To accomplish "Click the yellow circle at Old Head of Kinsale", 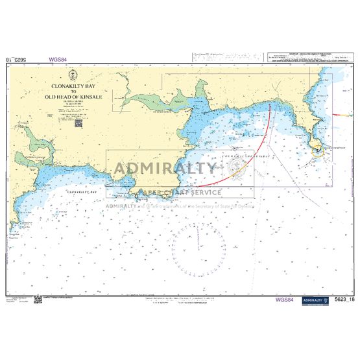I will (x=318, y=153).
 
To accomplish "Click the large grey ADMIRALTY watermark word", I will (x=165, y=169).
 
